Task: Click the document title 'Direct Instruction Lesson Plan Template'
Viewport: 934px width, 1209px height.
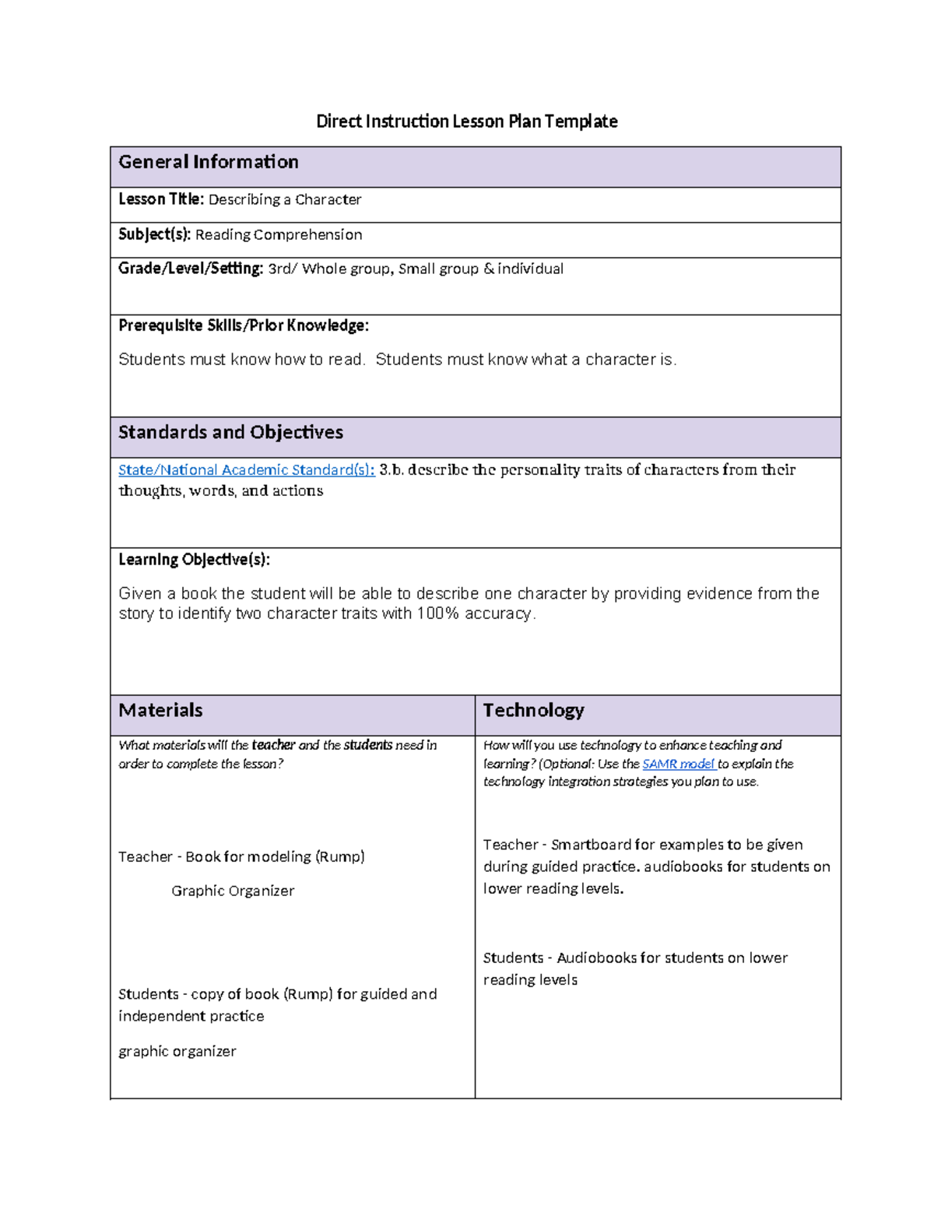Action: coord(466,121)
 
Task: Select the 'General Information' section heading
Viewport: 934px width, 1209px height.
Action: coord(209,162)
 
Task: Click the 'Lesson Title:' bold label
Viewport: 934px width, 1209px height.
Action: coord(161,199)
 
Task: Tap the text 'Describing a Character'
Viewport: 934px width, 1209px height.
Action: coord(285,200)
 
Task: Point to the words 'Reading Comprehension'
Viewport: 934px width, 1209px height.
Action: coord(279,235)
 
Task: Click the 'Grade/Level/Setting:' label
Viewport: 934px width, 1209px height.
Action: coord(191,269)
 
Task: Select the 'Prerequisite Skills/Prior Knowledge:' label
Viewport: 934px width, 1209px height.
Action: coord(244,325)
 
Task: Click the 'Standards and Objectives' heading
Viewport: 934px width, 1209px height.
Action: coord(230,432)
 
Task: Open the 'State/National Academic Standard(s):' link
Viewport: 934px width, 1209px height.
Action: coord(246,470)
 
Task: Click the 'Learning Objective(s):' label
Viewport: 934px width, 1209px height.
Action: coord(194,560)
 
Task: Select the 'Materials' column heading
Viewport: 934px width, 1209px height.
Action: coord(160,710)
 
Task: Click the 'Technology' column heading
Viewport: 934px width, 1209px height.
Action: coord(533,710)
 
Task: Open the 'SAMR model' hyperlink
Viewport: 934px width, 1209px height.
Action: coord(678,764)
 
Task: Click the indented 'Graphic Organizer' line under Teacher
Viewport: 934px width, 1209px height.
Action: coord(233,891)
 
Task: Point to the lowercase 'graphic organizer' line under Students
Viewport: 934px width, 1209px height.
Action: coord(177,1051)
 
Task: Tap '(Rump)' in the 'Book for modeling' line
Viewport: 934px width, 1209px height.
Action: coord(339,856)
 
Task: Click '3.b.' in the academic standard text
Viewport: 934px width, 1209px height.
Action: coord(392,470)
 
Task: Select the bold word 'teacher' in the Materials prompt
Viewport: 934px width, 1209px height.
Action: coord(273,745)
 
